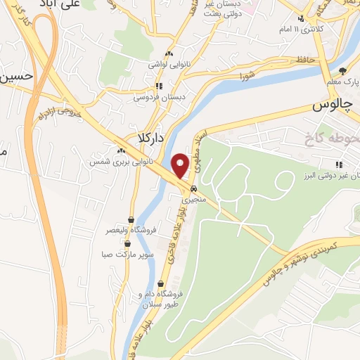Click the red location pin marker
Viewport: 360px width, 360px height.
181,165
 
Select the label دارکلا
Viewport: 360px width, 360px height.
151,139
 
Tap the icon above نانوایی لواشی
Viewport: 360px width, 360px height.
168,53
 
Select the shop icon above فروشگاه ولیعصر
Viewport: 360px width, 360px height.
131,219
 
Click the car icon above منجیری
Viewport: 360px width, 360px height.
192,188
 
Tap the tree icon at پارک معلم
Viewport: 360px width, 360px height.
342,70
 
